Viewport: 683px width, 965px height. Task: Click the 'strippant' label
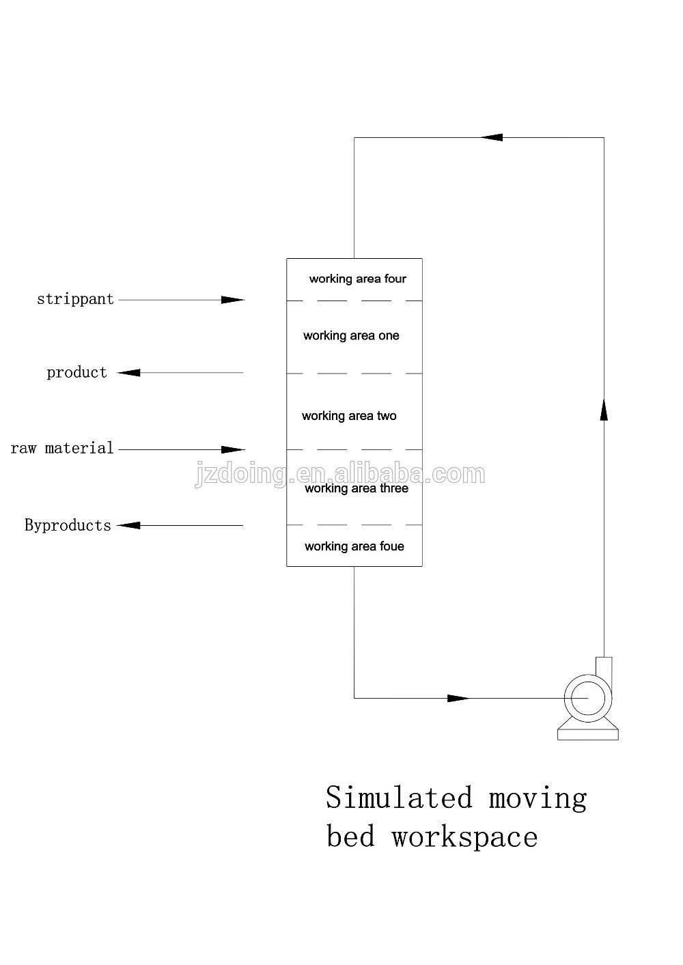point(75,299)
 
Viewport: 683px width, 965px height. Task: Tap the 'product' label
point(76,372)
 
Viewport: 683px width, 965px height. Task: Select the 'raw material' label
point(62,448)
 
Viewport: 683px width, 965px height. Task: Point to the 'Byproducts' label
point(68,525)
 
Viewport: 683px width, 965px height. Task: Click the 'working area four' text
point(357,279)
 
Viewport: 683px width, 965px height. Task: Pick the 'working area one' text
point(351,335)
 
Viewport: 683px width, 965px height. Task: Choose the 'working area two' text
point(349,416)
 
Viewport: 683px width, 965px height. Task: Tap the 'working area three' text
point(357,488)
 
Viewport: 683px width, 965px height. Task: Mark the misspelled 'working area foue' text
point(354,546)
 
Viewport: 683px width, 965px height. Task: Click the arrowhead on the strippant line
point(233,300)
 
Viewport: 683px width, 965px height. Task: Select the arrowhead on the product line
point(129,373)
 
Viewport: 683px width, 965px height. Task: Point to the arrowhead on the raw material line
point(233,449)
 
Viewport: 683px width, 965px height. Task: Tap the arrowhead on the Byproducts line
point(129,525)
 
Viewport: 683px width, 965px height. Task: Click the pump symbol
point(587,698)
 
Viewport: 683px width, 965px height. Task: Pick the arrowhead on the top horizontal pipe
point(491,137)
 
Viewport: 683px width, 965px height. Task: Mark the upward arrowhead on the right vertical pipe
point(604,408)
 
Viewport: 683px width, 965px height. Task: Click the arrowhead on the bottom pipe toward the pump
point(458,698)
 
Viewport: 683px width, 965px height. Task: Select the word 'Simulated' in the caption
point(399,798)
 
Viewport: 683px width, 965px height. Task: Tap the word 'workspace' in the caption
point(464,837)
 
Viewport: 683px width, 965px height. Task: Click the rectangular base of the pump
point(587,734)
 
